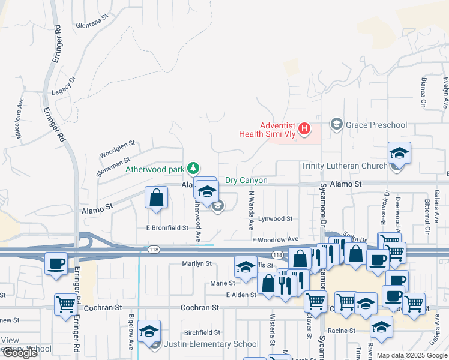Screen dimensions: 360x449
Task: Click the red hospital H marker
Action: tap(305, 128)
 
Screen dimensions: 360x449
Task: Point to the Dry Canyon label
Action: tap(246, 180)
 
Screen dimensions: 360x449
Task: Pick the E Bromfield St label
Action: tap(167, 228)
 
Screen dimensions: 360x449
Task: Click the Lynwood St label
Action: tap(274, 219)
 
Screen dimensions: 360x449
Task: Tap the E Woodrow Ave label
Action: tap(275, 239)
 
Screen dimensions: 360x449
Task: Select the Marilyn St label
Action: tap(197, 263)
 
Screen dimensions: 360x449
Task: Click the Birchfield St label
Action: tap(202, 332)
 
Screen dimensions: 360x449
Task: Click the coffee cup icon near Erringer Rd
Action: tap(56, 263)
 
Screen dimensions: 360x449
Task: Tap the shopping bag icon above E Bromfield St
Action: tap(156, 197)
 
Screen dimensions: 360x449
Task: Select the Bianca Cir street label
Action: tap(424, 92)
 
